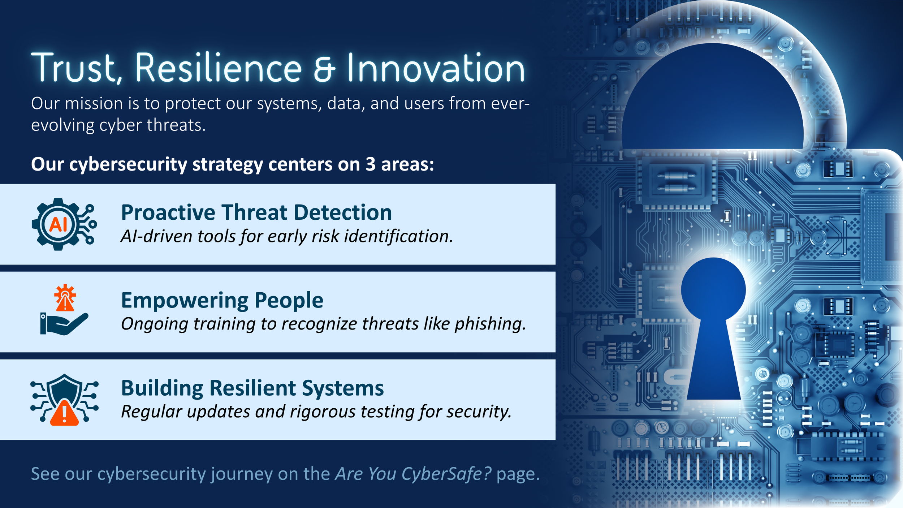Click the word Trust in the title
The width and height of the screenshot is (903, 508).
pyautogui.click(x=74, y=68)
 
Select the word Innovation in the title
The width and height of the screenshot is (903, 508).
pyautogui.click(x=436, y=68)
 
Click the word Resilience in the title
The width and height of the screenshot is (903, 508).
pyautogui.click(x=218, y=68)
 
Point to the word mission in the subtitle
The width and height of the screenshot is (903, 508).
pyautogui.click(x=94, y=104)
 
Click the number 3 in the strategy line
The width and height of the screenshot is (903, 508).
pyautogui.click(x=370, y=164)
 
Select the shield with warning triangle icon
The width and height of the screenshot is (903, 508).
pyautogui.click(x=64, y=400)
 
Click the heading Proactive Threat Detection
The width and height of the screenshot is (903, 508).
pyautogui.click(x=256, y=212)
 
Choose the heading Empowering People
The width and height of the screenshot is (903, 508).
pyautogui.click(x=222, y=300)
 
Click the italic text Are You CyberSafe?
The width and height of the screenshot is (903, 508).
pyautogui.click(x=413, y=474)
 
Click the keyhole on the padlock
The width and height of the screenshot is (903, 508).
pyautogui.click(x=713, y=325)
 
